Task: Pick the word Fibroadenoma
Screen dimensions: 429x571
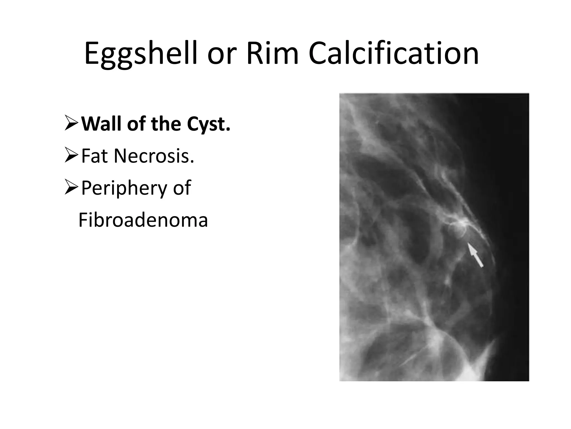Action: (143, 220)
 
